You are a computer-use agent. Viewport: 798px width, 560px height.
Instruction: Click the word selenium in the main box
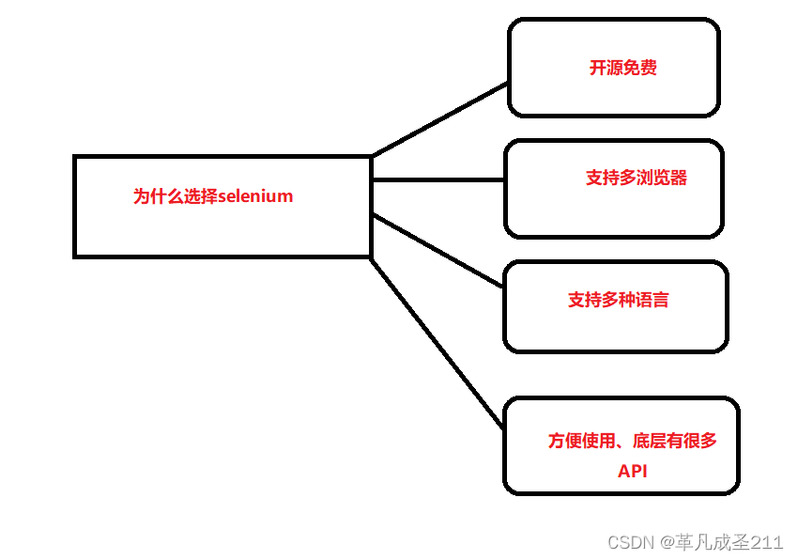pyautogui.click(x=255, y=197)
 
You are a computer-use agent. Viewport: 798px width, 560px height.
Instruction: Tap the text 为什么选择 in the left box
pyautogui.click(x=175, y=197)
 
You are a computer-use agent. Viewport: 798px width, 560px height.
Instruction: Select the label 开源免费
pyautogui.click(x=622, y=69)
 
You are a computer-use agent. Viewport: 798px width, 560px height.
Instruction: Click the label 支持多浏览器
pyautogui.click(x=637, y=178)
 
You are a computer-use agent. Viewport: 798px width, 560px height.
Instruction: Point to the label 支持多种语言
pyautogui.click(x=619, y=300)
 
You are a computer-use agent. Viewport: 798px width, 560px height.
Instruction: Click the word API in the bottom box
pyautogui.click(x=632, y=472)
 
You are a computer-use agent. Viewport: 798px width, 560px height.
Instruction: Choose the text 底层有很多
pyautogui.click(x=675, y=441)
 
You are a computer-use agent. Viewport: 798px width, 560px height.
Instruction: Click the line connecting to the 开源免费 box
pyautogui.click(x=439, y=119)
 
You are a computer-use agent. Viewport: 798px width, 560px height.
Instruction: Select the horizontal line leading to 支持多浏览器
pyautogui.click(x=437, y=179)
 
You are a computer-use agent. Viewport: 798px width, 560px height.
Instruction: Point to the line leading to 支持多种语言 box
pyautogui.click(x=437, y=250)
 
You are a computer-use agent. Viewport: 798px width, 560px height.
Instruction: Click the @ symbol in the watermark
pyautogui.click(x=665, y=542)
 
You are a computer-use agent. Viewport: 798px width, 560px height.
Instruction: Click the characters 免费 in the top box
pyautogui.click(x=639, y=69)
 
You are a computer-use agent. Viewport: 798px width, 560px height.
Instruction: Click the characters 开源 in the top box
pyautogui.click(x=606, y=69)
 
